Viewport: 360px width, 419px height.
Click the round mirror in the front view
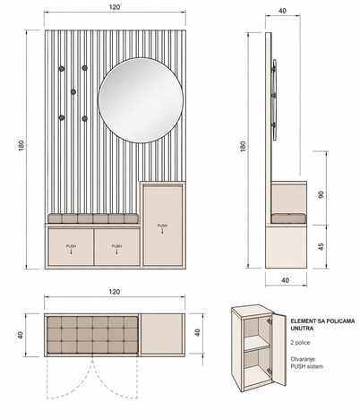pyautogui.click(x=141, y=100)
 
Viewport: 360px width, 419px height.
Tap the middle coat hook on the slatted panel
pyautogui.click(x=73, y=91)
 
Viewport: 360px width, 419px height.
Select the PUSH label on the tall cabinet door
pyautogui.click(x=162, y=226)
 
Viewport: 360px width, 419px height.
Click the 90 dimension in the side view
pyautogui.click(x=321, y=195)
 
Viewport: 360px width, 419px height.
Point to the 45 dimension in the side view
pyautogui.click(x=321, y=247)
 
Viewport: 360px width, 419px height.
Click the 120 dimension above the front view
pyautogui.click(x=115, y=7)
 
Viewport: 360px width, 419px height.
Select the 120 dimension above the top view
pyautogui.click(x=115, y=292)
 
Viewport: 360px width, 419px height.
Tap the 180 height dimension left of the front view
pyautogui.click(x=21, y=145)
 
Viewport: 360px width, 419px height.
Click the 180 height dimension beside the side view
pyautogui.click(x=243, y=147)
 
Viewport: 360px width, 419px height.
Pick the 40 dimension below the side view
pyautogui.click(x=286, y=280)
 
